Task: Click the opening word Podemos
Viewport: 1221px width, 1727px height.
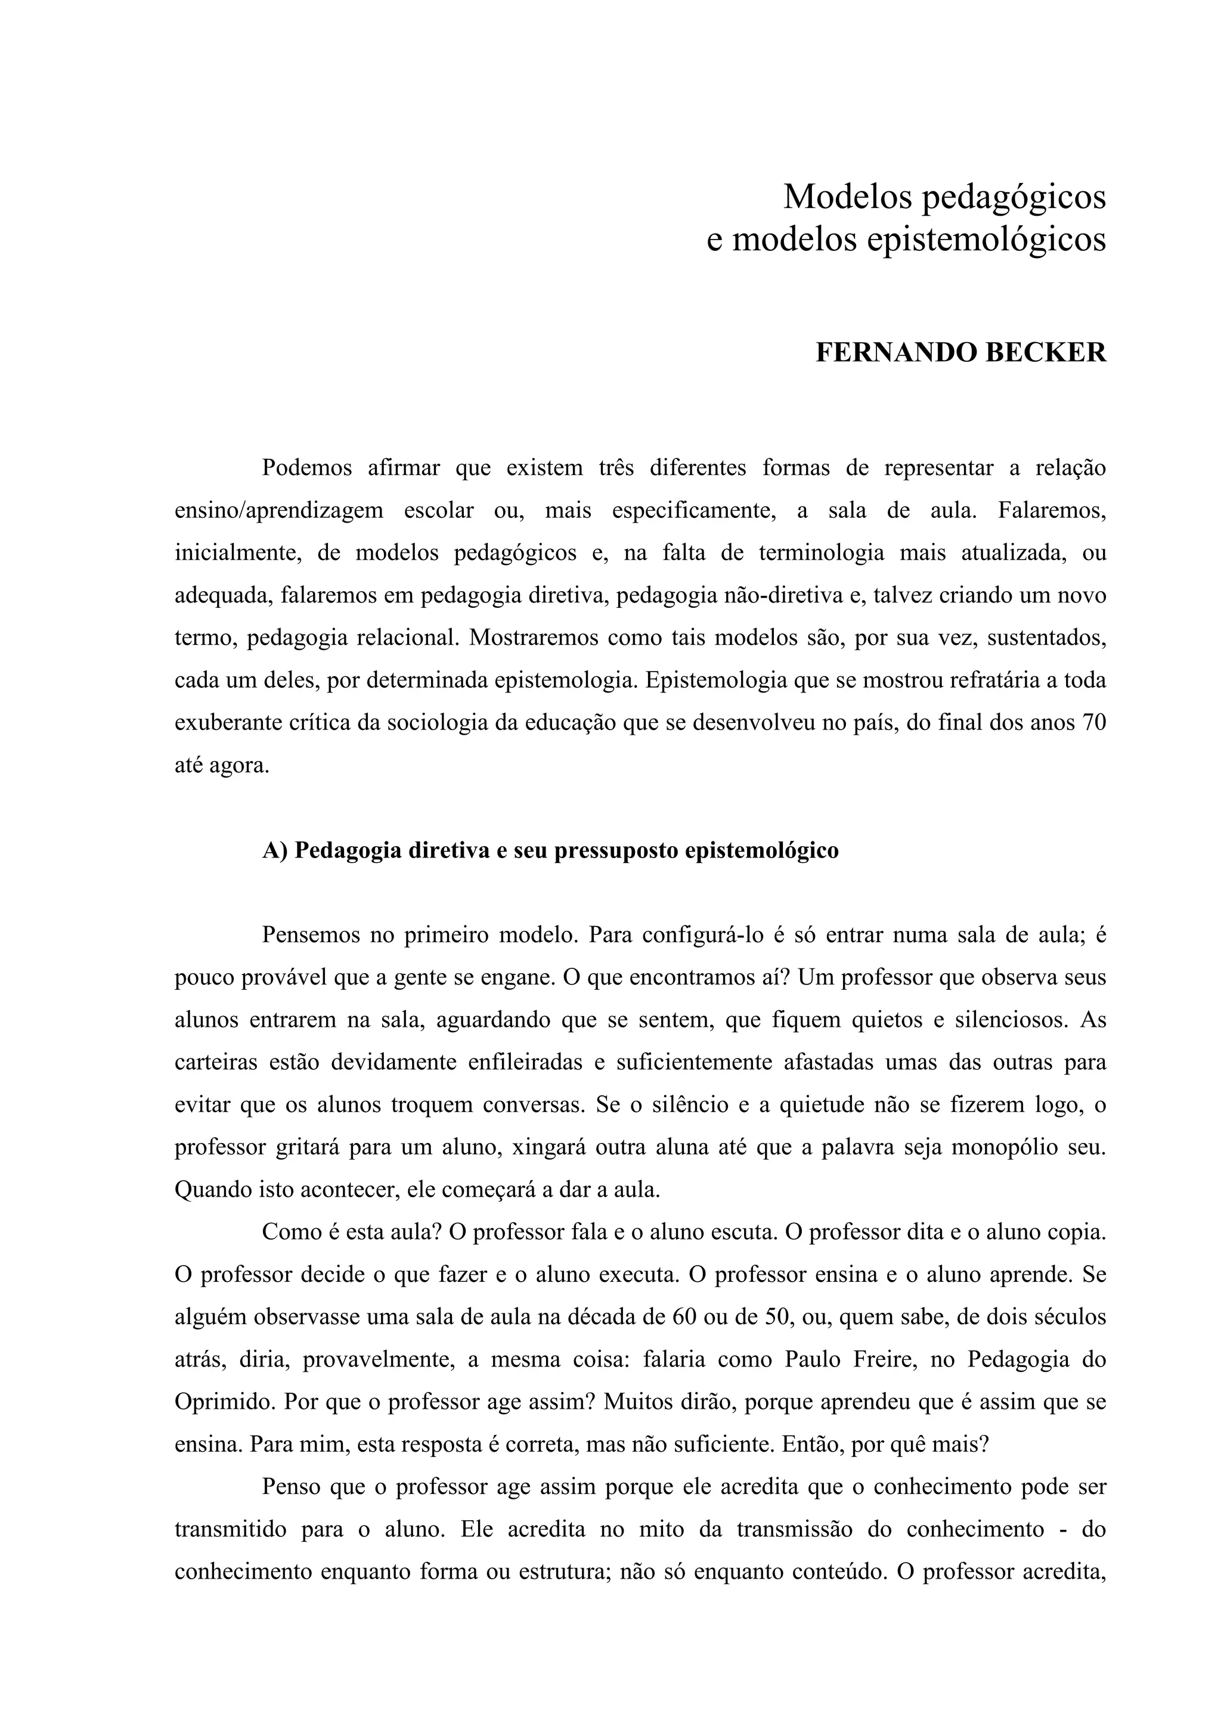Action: tap(307, 468)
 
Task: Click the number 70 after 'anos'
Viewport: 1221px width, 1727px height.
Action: tap(1094, 723)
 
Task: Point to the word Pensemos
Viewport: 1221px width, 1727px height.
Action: tap(308, 935)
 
